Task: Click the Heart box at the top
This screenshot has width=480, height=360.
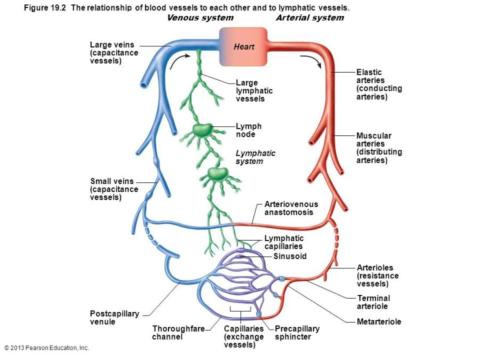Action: [x=243, y=47]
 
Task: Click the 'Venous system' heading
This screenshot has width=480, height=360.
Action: [x=200, y=18]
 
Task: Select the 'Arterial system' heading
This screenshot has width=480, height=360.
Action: [x=309, y=18]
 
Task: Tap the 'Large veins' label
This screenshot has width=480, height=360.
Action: [x=114, y=53]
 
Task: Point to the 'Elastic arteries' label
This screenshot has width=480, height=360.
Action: [x=379, y=84]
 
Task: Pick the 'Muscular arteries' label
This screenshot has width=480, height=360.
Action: [x=379, y=148]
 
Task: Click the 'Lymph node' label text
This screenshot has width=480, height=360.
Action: [x=249, y=130]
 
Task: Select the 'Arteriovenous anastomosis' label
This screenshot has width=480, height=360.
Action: [x=291, y=208]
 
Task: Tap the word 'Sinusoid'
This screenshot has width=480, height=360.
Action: [x=290, y=256]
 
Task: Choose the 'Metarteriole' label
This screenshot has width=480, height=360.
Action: [x=379, y=322]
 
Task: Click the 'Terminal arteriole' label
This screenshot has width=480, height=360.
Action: [x=373, y=302]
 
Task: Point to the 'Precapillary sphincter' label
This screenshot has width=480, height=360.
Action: [x=297, y=333]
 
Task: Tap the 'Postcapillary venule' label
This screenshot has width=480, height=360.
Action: [x=114, y=318]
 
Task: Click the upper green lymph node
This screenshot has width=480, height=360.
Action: [x=202, y=130]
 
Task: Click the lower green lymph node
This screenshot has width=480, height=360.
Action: [x=216, y=173]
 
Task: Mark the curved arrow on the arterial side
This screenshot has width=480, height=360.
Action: [x=312, y=60]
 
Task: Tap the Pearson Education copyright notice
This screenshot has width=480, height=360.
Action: [x=46, y=348]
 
